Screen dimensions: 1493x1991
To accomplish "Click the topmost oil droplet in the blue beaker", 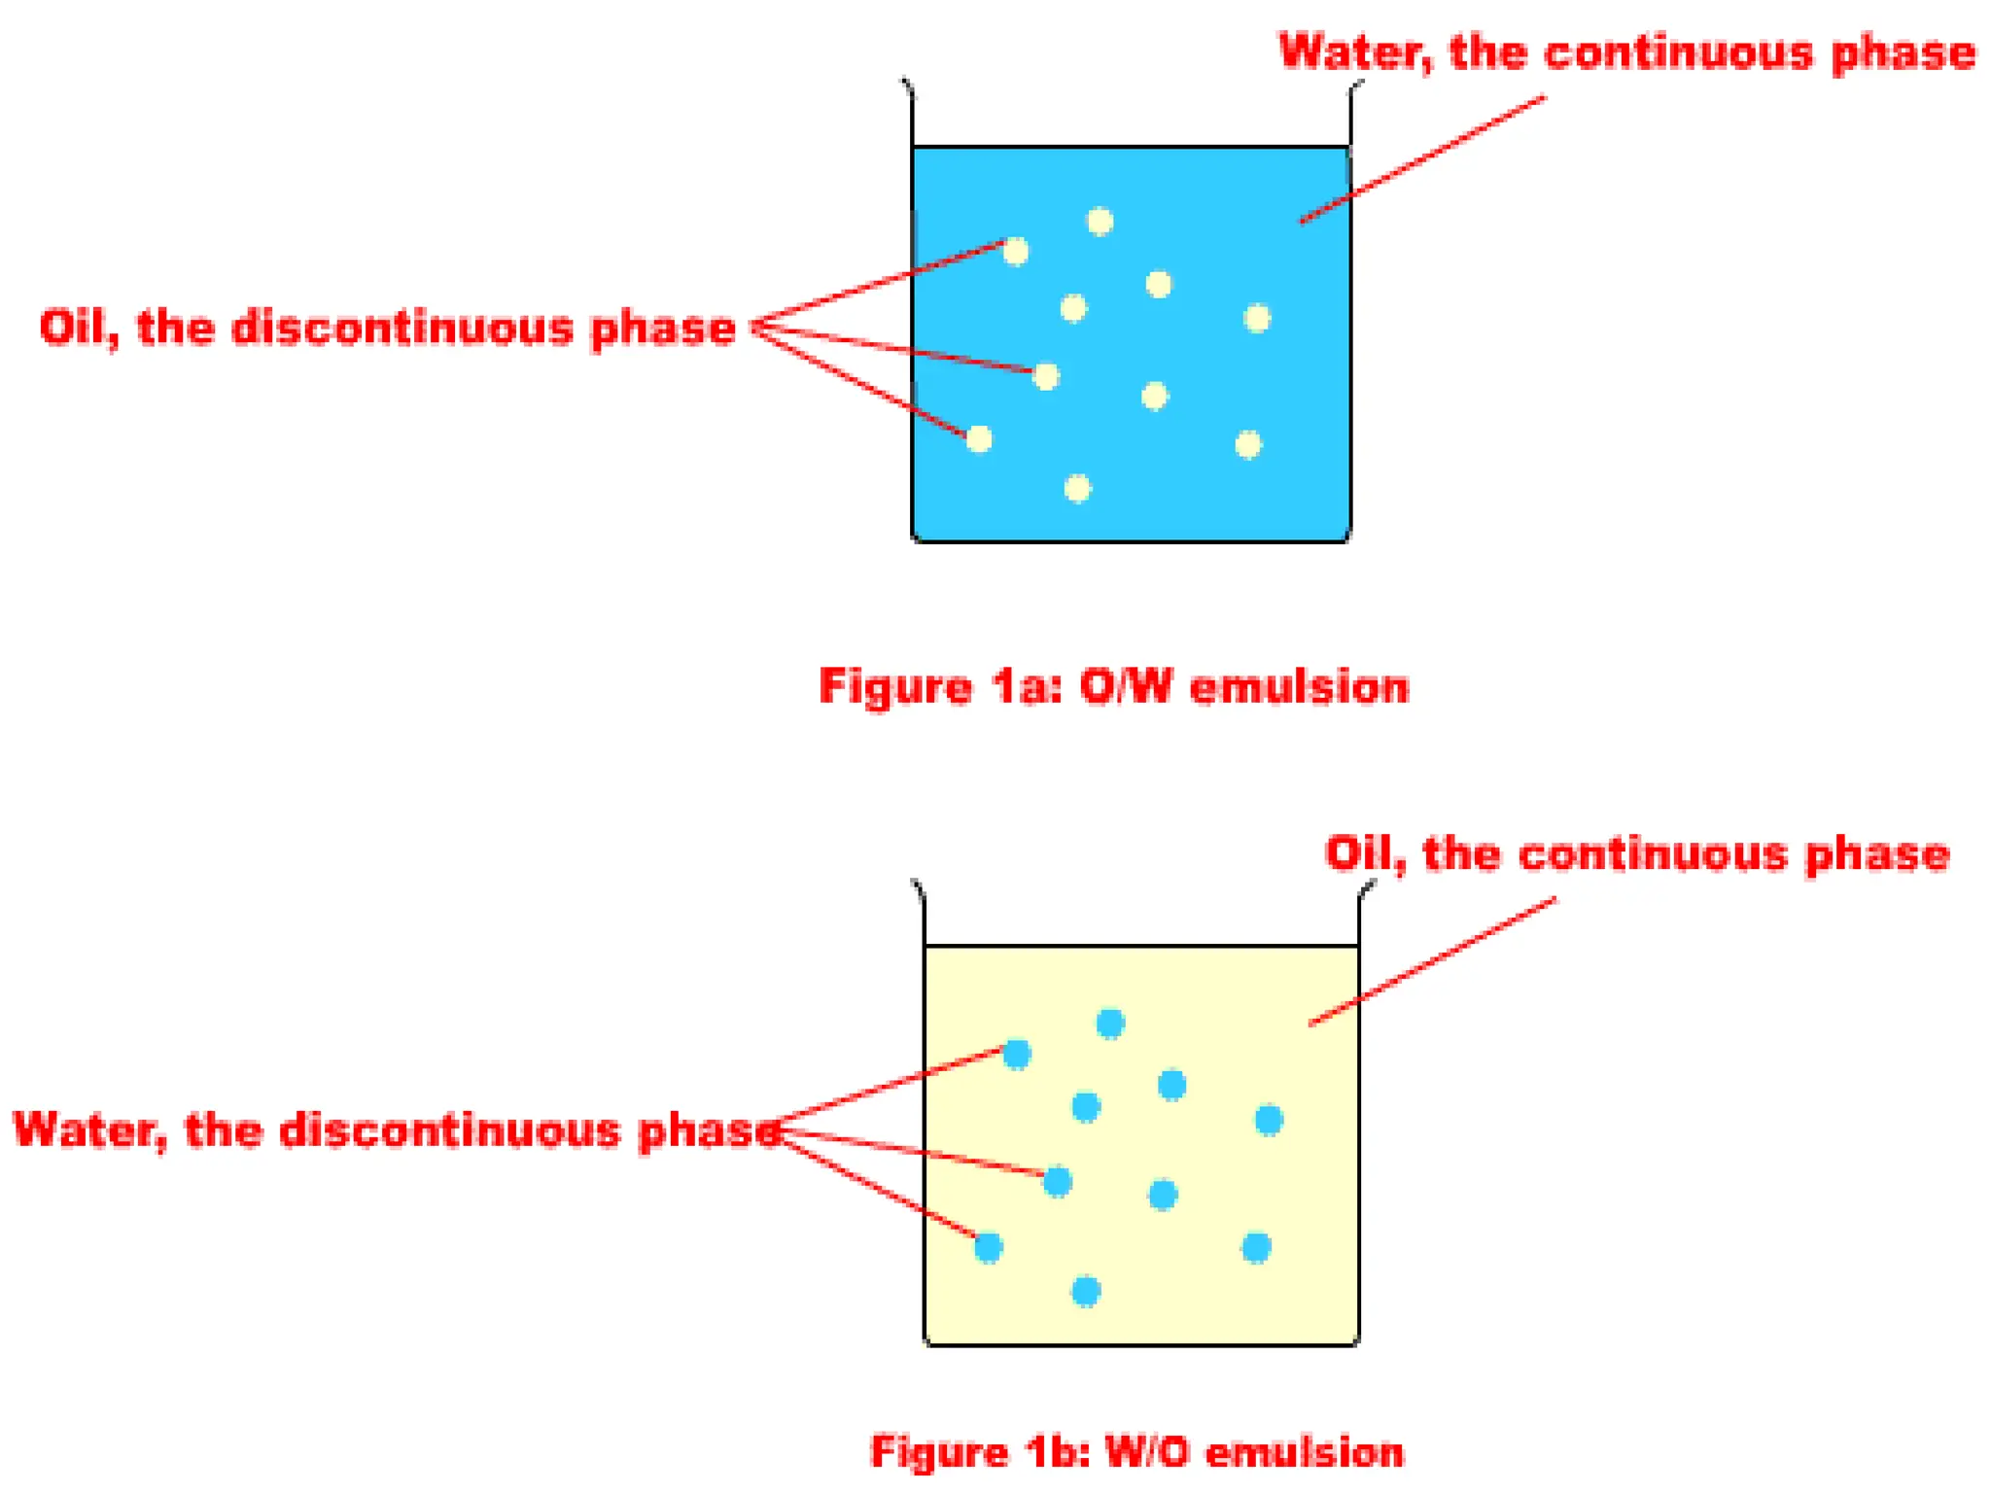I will [x=1100, y=222].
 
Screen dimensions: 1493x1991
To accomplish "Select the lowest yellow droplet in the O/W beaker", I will [x=1077, y=487].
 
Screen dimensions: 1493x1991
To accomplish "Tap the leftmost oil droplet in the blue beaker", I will [x=979, y=439].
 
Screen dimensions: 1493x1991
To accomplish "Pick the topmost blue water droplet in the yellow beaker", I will [x=1110, y=1023].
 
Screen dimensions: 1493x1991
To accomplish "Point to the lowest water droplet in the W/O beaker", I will [x=1086, y=1291].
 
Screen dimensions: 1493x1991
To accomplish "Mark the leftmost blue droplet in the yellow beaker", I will [x=989, y=1247].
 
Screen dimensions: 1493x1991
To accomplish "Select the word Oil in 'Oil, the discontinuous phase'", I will [x=77, y=329].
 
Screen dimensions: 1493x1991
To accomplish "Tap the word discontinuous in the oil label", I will [x=402, y=329].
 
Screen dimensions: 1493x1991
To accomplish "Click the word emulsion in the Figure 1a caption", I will [x=1299, y=687].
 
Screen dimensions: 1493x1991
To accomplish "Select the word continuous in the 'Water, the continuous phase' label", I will [x=1678, y=52].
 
